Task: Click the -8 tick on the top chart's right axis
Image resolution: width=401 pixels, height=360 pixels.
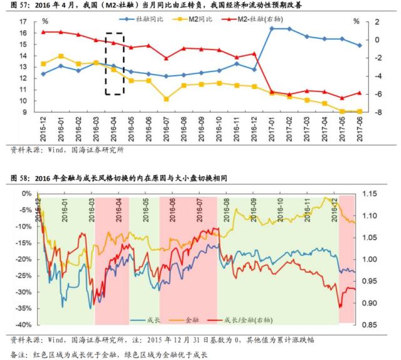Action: pyautogui.click(x=373, y=112)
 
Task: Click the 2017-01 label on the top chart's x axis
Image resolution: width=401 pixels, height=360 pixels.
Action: pyautogui.click(x=272, y=128)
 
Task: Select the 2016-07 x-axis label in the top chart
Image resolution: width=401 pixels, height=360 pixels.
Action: pyautogui.click(x=166, y=128)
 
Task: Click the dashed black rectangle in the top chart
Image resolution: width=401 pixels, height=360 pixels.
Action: pyautogui.click(x=113, y=63)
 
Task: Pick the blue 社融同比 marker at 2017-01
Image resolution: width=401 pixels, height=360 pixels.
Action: pyautogui.click(x=272, y=28)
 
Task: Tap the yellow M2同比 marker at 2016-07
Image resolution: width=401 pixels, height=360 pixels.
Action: pyautogui.click(x=166, y=98)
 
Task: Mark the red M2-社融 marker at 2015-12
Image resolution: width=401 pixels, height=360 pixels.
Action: pyautogui.click(x=43, y=32)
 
